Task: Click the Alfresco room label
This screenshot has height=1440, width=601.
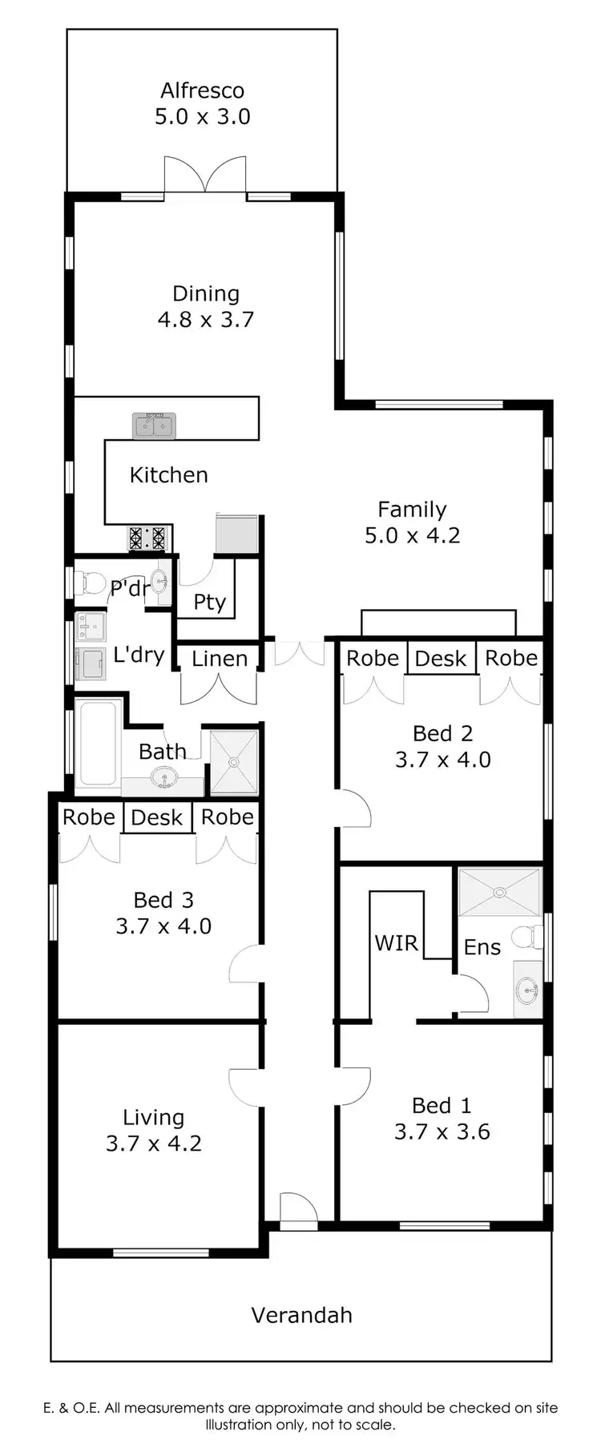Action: [202, 91]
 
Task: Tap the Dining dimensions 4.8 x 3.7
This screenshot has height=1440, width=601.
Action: [206, 320]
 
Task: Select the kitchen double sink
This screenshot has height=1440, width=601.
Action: [154, 426]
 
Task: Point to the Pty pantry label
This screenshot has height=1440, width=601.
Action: [210, 602]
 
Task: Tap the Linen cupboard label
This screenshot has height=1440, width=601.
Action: [219, 659]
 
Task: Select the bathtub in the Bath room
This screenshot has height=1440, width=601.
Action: [98, 743]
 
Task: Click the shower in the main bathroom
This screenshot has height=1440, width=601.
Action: [234, 762]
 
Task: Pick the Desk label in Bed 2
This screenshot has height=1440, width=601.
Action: [440, 659]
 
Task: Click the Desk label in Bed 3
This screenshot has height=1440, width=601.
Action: [157, 817]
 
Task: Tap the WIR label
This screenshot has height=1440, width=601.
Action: [397, 942]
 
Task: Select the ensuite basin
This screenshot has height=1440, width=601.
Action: [527, 990]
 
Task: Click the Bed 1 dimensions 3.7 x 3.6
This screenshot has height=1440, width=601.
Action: [442, 1131]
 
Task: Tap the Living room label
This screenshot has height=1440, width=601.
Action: [153, 1117]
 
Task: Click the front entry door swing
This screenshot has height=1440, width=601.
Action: [296, 1208]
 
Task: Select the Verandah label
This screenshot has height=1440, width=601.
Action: [301, 1315]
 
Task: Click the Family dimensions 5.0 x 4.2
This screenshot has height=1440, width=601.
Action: [412, 535]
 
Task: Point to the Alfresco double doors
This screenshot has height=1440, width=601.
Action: [205, 175]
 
